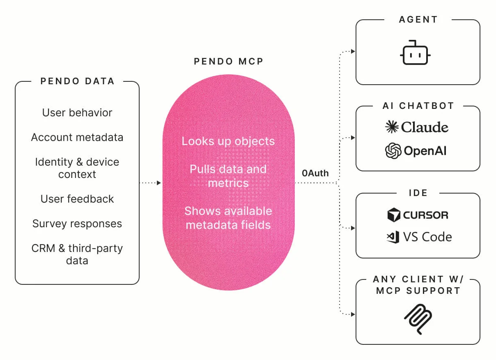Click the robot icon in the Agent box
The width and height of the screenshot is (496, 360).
pyautogui.click(x=415, y=53)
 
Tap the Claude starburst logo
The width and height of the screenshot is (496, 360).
pyautogui.click(x=392, y=127)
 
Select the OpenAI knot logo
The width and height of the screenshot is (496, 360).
pyautogui.click(x=393, y=151)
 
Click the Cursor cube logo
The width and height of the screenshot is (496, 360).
pyautogui.click(x=394, y=215)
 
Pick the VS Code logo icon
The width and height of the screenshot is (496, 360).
pyautogui.click(x=393, y=237)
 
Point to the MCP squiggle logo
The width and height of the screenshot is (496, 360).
pyautogui.click(x=418, y=319)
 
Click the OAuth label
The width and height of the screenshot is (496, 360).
pyautogui.click(x=315, y=173)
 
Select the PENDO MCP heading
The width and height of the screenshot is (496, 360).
pyautogui.click(x=229, y=61)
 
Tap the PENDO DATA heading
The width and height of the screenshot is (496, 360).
pyautogui.click(x=77, y=81)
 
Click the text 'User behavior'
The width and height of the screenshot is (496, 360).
pyautogui.click(x=77, y=113)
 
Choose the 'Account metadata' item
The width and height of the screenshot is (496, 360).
pyautogui.click(x=77, y=137)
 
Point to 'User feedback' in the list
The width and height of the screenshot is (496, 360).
pyautogui.click(x=77, y=199)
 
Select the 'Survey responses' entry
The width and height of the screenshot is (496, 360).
pyautogui.click(x=77, y=224)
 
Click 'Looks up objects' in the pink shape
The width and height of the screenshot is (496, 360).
pyautogui.click(x=228, y=141)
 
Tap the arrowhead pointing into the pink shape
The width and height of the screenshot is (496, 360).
pyautogui.click(x=159, y=183)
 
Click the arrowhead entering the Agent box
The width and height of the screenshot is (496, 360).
pyautogui.click(x=353, y=51)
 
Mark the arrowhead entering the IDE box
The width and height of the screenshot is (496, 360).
pyautogui.click(x=353, y=228)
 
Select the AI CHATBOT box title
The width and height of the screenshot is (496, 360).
pyautogui.click(x=418, y=106)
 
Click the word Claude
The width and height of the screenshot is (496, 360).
pyautogui.click(x=425, y=127)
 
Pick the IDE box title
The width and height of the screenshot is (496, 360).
pyautogui.click(x=418, y=193)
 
